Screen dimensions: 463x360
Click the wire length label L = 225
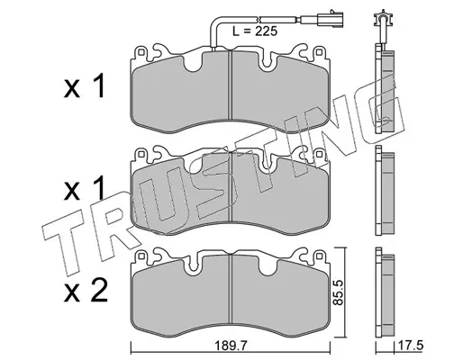[x=255, y=31]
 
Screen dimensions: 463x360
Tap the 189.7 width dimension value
[x=231, y=346]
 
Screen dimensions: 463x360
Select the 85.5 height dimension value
[x=338, y=292]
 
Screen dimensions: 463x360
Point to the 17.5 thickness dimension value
[x=410, y=346]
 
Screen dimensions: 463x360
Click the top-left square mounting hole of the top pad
[x=141, y=52]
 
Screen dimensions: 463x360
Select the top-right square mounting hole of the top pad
[x=319, y=52]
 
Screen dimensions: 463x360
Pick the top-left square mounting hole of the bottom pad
[x=141, y=256]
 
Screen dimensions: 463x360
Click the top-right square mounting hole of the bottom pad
[x=319, y=256]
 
